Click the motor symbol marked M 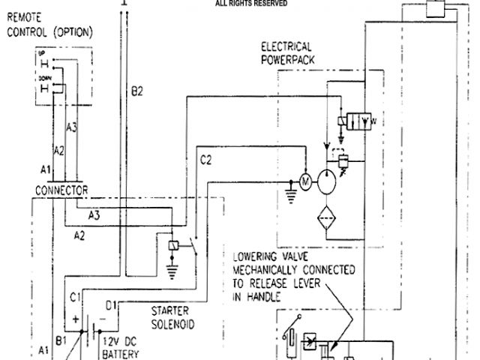[x=305, y=181]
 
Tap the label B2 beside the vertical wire [x=136, y=91]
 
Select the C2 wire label [x=206, y=159]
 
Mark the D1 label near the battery [x=111, y=305]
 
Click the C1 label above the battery [x=76, y=298]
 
